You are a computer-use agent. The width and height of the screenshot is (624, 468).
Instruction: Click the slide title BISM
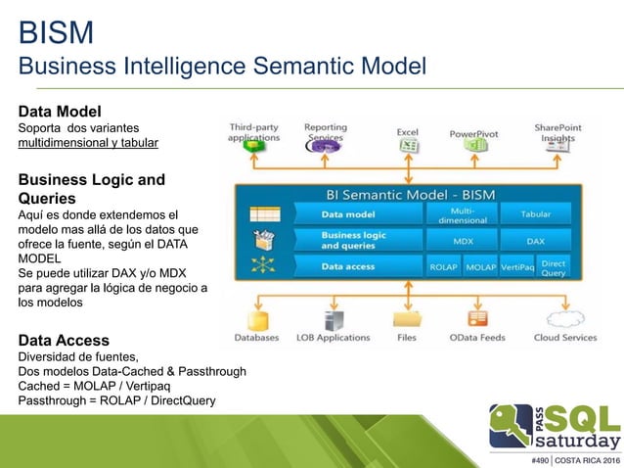click(57, 33)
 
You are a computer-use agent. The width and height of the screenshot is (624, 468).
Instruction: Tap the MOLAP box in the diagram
click(480, 265)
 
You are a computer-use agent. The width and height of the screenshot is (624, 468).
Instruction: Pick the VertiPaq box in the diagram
click(515, 265)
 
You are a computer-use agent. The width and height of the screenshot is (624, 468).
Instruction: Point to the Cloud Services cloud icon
click(565, 317)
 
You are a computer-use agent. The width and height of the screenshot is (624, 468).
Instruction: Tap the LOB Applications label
click(333, 338)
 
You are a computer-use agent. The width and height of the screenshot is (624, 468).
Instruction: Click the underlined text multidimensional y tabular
click(87, 144)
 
